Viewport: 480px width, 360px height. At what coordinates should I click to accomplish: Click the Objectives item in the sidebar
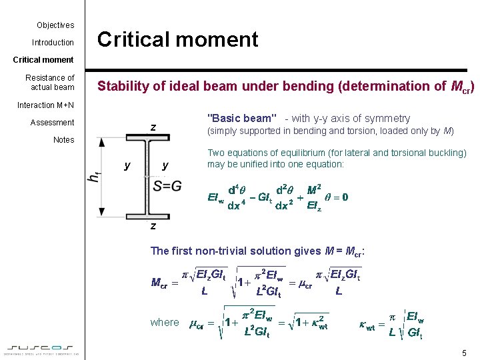click(55, 25)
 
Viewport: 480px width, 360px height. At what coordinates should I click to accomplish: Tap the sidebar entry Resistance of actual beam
click(50, 82)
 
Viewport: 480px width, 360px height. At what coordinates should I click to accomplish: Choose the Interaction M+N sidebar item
click(46, 105)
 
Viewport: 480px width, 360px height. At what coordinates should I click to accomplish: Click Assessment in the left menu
click(52, 123)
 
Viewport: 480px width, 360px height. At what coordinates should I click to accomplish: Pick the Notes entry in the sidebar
click(63, 140)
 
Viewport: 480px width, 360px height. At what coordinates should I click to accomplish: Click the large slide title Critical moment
click(177, 40)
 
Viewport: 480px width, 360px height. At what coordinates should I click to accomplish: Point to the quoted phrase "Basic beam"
click(241, 119)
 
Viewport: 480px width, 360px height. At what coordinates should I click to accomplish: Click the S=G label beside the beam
click(167, 186)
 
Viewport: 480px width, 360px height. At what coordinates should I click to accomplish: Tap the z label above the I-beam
click(153, 127)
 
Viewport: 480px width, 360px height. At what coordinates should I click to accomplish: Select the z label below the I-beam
click(153, 226)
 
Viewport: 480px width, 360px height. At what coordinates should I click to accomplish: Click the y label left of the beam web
click(127, 165)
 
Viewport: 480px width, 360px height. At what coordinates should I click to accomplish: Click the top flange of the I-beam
click(152, 139)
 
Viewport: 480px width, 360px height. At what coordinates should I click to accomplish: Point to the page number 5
click(463, 352)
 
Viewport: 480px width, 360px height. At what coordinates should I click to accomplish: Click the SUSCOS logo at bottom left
click(42, 348)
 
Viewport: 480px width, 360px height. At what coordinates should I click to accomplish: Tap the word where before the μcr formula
click(165, 323)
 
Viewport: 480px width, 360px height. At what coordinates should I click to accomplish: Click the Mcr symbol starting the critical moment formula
click(160, 283)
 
